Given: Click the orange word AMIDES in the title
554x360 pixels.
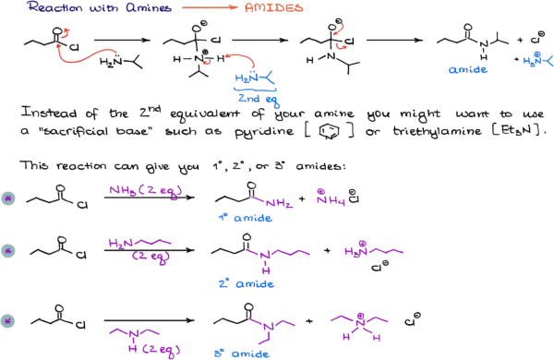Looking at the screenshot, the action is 272,7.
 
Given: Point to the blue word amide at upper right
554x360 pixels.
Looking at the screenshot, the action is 467,70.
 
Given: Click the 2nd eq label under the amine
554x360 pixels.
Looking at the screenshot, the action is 258,99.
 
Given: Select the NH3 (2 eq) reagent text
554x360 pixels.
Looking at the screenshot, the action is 145,191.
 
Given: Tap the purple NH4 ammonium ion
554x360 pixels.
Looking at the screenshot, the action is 329,198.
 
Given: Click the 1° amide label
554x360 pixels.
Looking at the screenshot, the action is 245,219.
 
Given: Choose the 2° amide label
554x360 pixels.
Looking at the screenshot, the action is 246,284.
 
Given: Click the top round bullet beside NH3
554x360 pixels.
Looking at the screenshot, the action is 8,198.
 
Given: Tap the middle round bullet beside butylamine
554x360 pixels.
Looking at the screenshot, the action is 8,250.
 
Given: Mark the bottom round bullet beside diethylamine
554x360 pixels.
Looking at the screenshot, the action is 8,321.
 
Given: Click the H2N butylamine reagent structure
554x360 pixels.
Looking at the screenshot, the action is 139,244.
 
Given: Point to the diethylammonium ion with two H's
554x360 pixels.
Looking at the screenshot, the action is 358,323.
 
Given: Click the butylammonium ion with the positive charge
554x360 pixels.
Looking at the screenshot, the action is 373,250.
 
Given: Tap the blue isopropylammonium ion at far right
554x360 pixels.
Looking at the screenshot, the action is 538,61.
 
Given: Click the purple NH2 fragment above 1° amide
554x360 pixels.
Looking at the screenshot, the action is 271,201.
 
